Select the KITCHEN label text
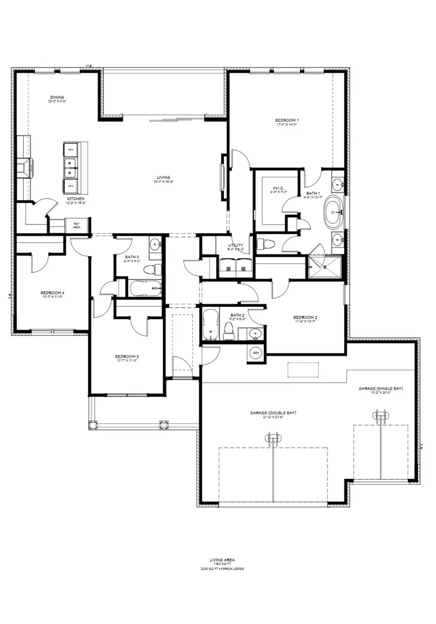pos(76,199)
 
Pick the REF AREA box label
pos(77,225)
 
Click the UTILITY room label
pos(235,246)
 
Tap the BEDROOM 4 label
pos(52,292)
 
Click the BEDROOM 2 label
pos(305,318)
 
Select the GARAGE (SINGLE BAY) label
pos(381,388)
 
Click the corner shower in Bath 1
pos(326,267)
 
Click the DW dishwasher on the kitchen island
pos(70,186)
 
